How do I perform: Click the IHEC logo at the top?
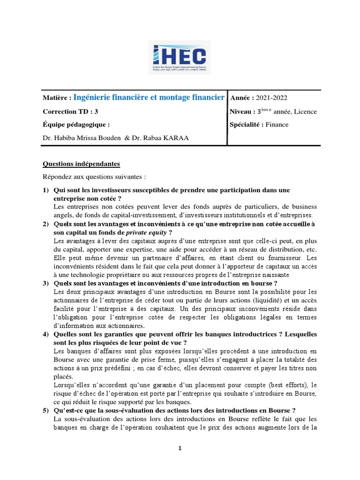click(180, 57)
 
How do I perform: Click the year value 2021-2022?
click(272, 98)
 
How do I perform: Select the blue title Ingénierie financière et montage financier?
click(149, 97)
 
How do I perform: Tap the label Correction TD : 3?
click(71, 112)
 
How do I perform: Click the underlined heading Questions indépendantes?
click(81, 164)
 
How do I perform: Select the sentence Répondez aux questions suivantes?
click(94, 177)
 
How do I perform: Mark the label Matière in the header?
click(57, 98)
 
